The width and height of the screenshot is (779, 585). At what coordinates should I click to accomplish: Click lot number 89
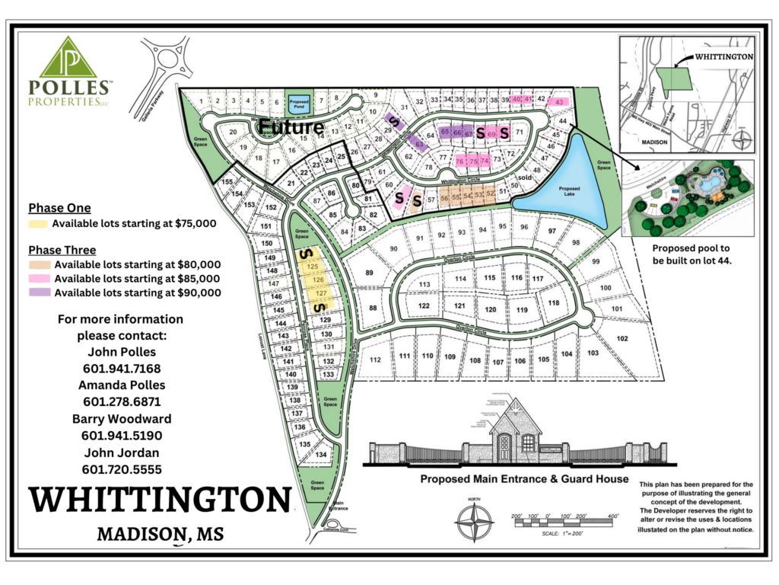click(x=370, y=273)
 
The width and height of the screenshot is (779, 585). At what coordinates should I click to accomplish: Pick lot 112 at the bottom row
click(x=374, y=359)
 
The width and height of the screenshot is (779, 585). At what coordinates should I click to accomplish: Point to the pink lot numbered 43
click(x=559, y=102)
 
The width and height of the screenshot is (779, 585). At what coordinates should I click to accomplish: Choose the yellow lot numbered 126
click(x=318, y=280)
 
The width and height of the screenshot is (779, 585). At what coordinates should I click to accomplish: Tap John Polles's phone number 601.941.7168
click(x=121, y=369)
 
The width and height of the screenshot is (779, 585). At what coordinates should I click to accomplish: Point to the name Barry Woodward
click(x=121, y=419)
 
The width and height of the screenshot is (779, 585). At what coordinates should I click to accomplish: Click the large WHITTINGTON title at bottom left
click(x=160, y=500)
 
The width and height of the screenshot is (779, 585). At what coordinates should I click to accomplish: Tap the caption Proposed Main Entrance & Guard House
click(x=524, y=479)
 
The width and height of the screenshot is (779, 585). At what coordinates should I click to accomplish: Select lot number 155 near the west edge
click(x=226, y=183)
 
